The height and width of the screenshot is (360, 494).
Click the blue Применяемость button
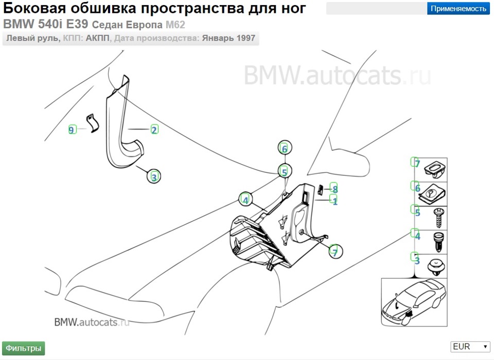458,8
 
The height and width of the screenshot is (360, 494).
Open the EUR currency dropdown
470,347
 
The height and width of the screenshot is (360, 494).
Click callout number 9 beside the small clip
72,130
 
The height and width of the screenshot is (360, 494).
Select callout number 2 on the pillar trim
154,130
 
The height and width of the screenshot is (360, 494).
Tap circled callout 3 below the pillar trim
153,177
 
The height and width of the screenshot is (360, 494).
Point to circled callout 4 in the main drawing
246,200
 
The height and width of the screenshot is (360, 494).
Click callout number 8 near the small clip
334,188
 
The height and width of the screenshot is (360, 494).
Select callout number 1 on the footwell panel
335,201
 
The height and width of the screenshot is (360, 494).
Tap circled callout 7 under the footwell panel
334,252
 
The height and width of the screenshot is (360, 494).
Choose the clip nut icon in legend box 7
435,169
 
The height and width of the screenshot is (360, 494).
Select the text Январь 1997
228,39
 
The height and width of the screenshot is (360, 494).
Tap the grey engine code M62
174,25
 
